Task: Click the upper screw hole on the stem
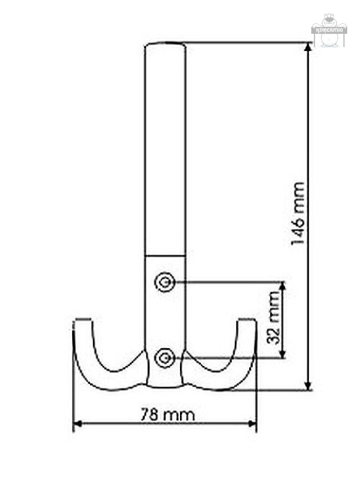click(164, 282)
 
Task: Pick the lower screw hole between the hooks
click(164, 358)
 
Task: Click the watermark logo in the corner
click(328, 30)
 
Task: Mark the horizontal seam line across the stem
click(164, 255)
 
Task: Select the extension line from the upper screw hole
click(225, 282)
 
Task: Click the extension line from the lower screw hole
click(225, 358)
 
